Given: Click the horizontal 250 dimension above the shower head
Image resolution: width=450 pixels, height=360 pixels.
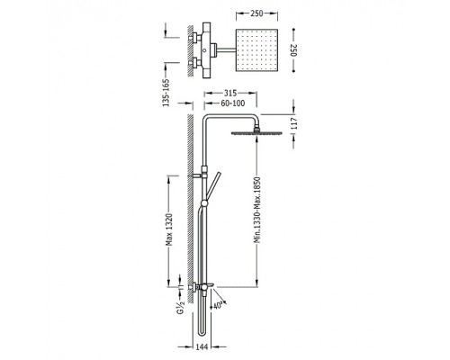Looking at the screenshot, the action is pyautogui.click(x=256, y=13).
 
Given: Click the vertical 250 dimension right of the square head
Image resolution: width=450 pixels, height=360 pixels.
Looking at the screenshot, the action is pyautogui.click(x=294, y=50).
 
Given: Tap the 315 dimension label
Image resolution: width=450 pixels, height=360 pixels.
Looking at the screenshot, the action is pyautogui.click(x=230, y=94).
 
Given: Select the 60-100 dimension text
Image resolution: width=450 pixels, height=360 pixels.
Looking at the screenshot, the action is pyautogui.click(x=233, y=103).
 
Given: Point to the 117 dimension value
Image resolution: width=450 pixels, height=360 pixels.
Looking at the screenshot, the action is pyautogui.click(x=294, y=123).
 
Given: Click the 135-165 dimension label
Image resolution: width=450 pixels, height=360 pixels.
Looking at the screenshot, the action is pyautogui.click(x=166, y=93).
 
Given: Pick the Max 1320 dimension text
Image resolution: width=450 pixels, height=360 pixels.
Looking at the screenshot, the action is pyautogui.click(x=169, y=229).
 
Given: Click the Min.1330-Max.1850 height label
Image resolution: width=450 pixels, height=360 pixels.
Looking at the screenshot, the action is pyautogui.click(x=257, y=210).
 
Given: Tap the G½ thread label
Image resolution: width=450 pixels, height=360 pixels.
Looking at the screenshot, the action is pyautogui.click(x=180, y=307).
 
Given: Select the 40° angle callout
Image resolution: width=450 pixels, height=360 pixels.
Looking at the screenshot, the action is pyautogui.click(x=218, y=305).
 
